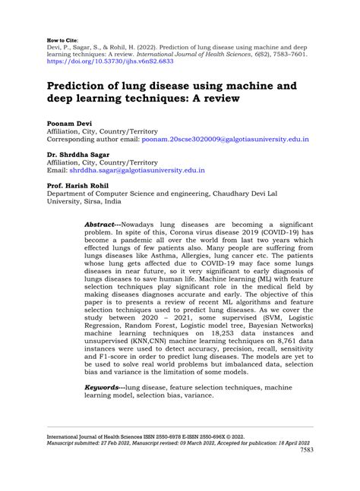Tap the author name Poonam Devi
pyautogui.click(x=71, y=122)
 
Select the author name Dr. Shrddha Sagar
pyautogui.click(x=82, y=153)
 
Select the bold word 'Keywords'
pyautogui.click(x=104, y=389)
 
